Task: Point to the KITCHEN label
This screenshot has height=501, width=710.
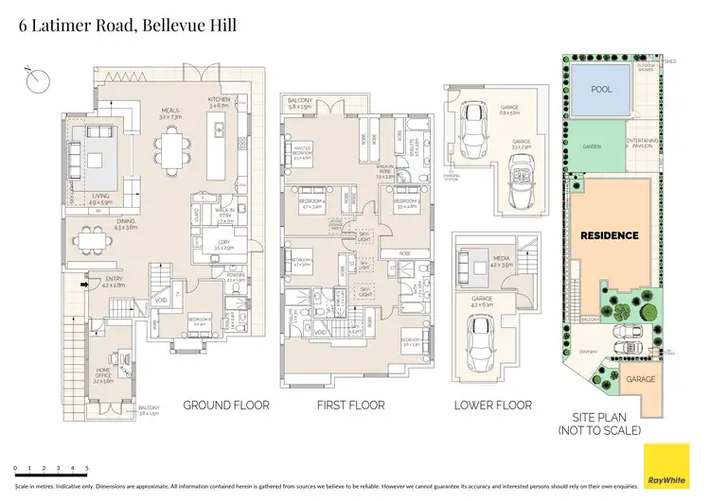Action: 220,101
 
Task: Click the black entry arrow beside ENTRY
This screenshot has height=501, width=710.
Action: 83,282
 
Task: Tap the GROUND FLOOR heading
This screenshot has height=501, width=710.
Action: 225,405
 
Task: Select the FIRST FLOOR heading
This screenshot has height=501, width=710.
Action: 351,405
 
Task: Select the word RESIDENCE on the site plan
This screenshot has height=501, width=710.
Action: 610,235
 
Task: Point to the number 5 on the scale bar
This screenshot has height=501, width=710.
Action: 87,468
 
